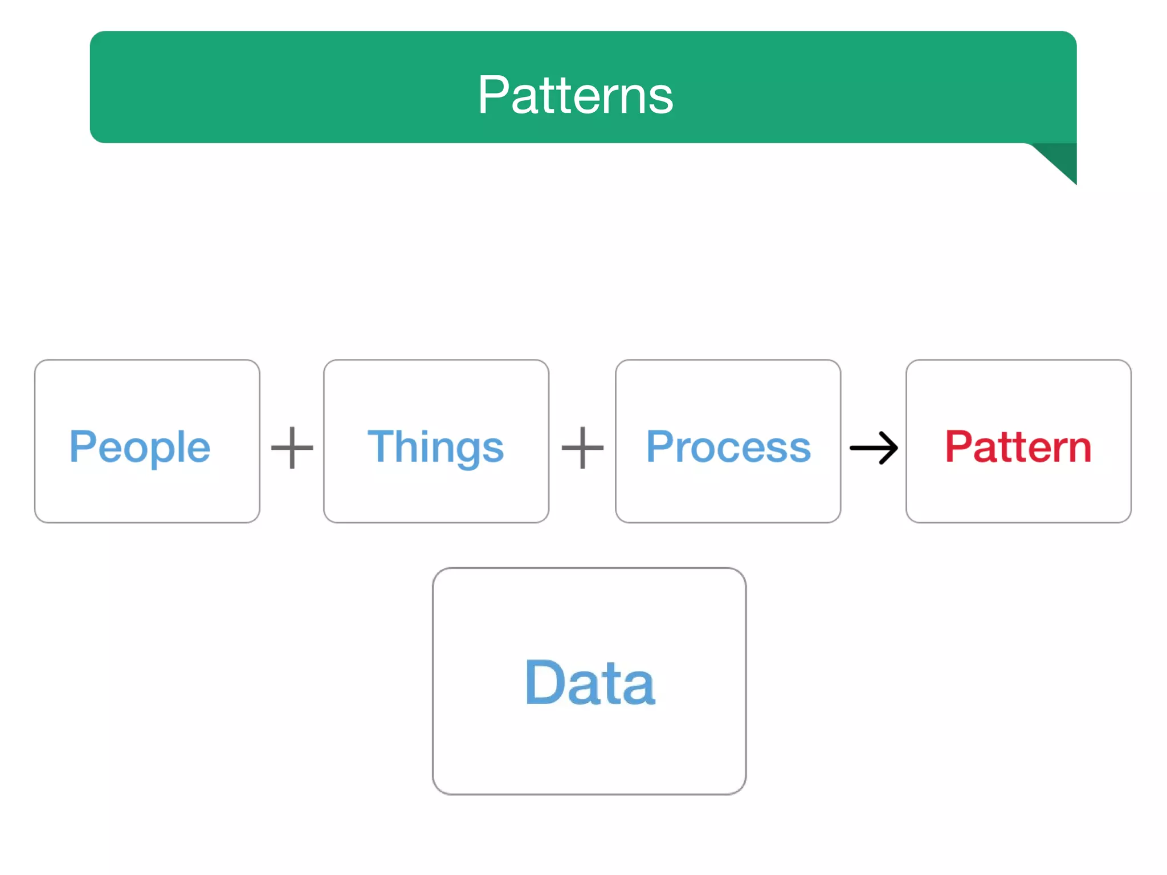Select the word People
140,447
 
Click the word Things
435,447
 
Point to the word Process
728,447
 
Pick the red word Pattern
1018,447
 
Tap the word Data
589,682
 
